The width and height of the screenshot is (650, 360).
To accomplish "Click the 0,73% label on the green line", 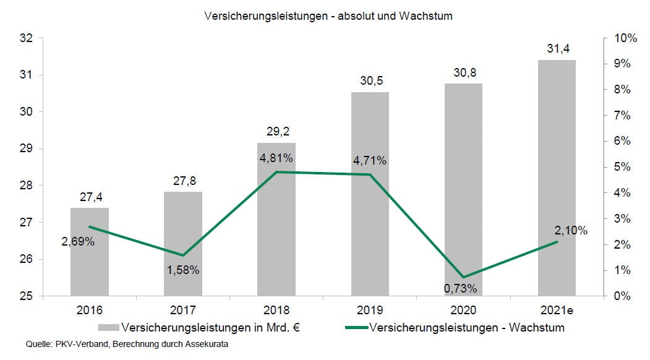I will coord(461,288).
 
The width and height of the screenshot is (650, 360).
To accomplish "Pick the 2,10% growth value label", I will coord(571,231).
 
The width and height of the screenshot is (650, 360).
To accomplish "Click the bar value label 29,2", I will coord(276,132).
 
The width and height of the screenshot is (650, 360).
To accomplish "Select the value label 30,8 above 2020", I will coord(463,73).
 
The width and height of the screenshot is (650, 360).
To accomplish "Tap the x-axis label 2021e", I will coord(557,310).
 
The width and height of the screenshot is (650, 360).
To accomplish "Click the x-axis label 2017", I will coord(183,310).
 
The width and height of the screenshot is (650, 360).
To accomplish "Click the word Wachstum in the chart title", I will coord(429,16).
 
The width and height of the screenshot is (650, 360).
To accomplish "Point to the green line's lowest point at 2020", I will coord(463,277).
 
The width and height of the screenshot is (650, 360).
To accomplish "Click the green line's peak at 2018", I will coord(276,172).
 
